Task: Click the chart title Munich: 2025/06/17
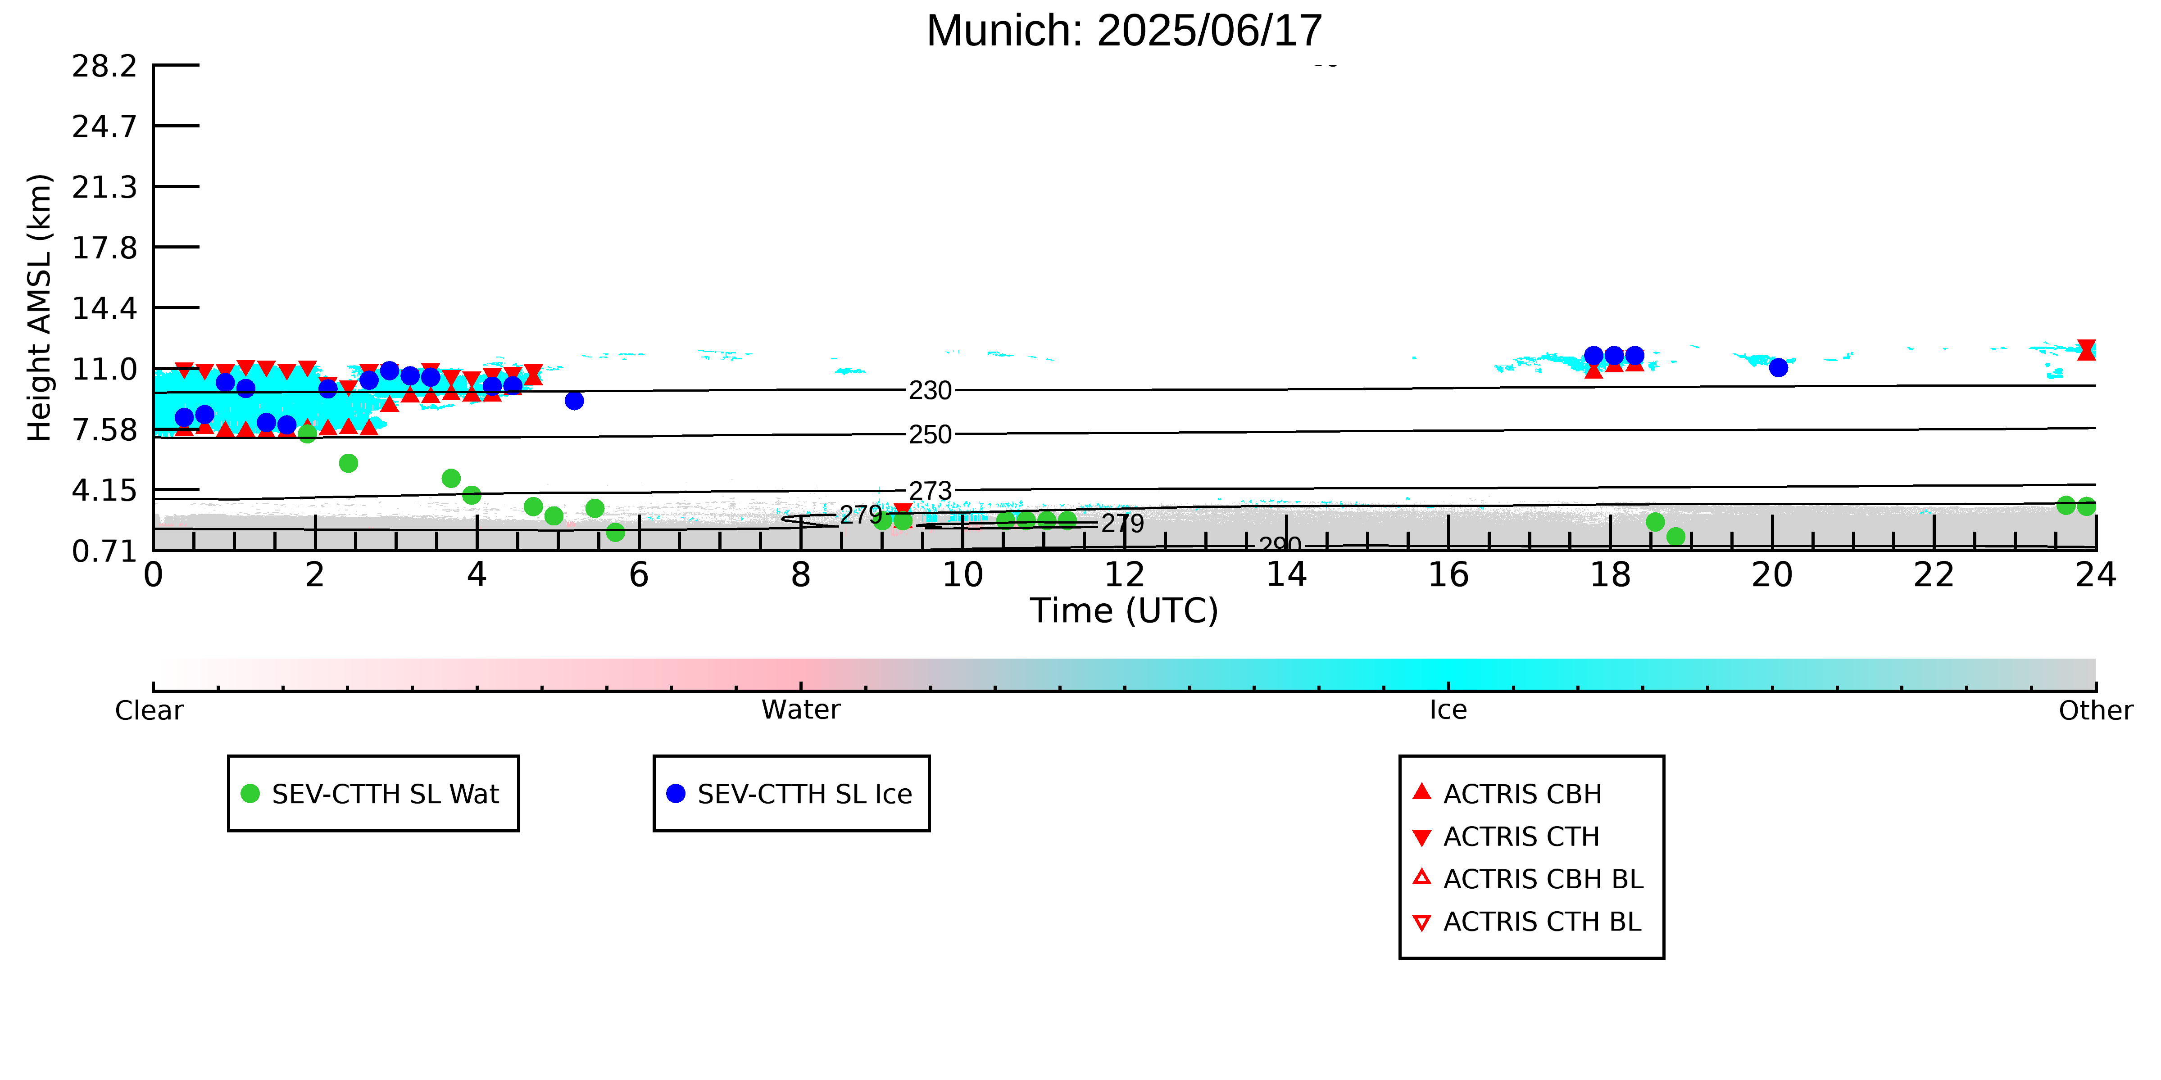[x=1124, y=31]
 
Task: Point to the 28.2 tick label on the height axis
[x=104, y=65]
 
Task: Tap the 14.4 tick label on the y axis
[x=104, y=308]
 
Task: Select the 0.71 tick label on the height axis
[x=104, y=551]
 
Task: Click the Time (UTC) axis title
[x=1124, y=610]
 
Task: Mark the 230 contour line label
[x=931, y=391]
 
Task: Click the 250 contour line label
[x=931, y=434]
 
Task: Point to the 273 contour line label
[x=931, y=491]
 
